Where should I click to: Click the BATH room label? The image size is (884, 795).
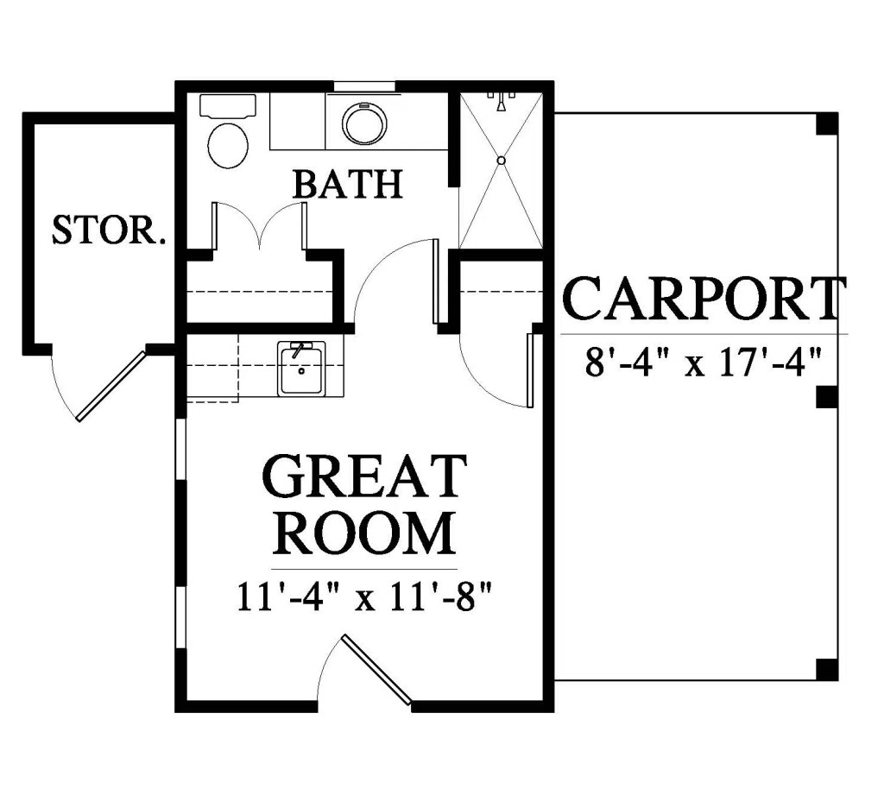pyautogui.click(x=349, y=184)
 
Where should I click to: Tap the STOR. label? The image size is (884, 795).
pyautogui.click(x=110, y=230)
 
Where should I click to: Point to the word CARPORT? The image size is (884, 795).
pyautogui.click(x=704, y=299)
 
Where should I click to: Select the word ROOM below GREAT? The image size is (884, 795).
pyautogui.click(x=364, y=533)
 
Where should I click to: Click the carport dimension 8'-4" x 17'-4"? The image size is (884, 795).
pyautogui.click(x=702, y=362)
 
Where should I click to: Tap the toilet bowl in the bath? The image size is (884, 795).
pyautogui.click(x=228, y=145)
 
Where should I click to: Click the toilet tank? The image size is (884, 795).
pyautogui.click(x=228, y=106)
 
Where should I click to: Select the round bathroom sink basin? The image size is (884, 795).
pyautogui.click(x=364, y=123)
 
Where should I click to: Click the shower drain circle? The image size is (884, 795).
pyautogui.click(x=502, y=161)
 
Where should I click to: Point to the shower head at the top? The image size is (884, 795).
pyautogui.click(x=502, y=102)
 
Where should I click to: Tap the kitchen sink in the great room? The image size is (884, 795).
pyautogui.click(x=300, y=369)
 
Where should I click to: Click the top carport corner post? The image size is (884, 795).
pyautogui.click(x=827, y=124)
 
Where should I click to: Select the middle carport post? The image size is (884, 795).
pyautogui.click(x=827, y=397)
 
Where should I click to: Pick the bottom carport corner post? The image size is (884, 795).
pyautogui.click(x=827, y=669)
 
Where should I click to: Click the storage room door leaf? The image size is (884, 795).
pyautogui.click(x=111, y=386)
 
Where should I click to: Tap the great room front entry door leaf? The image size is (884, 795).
pyautogui.click(x=376, y=670)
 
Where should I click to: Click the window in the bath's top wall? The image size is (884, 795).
pyautogui.click(x=364, y=86)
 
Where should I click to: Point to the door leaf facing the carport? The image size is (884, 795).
pyautogui.click(x=530, y=369)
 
